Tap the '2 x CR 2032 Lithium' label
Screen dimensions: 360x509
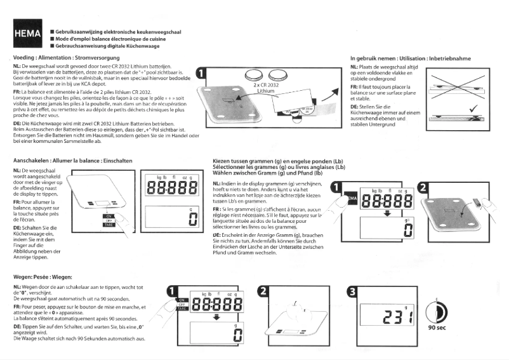[266, 88]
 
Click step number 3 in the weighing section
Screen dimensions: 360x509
[352, 292]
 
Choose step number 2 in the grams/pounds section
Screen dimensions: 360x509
[425, 187]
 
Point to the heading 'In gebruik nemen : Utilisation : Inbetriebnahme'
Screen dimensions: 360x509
[410, 58]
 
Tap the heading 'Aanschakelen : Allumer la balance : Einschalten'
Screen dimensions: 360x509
[72, 161]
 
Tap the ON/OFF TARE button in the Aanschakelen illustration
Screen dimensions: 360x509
[109, 220]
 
